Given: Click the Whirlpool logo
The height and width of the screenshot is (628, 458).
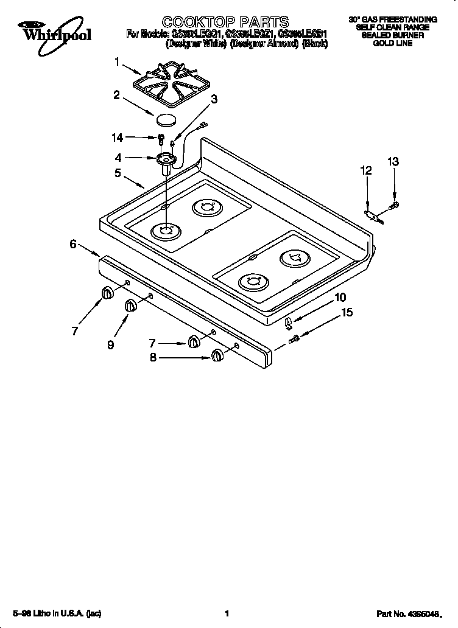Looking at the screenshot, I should [x=54, y=31].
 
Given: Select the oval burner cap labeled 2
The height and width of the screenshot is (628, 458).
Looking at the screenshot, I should [x=166, y=119].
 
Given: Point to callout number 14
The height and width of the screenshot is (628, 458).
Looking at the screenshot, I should [x=116, y=138].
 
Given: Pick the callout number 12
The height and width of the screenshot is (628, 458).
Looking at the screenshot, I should [x=365, y=171].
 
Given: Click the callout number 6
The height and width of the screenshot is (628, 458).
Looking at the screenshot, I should [x=73, y=244].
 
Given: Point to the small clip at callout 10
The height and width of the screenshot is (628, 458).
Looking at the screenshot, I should [x=288, y=321].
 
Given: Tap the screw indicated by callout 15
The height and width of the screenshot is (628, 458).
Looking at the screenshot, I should [x=295, y=338].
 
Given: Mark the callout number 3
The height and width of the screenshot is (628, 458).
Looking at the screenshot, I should [x=214, y=99].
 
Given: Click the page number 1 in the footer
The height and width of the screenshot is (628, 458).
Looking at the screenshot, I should [x=227, y=613].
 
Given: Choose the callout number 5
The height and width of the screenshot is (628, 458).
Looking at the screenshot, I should [x=118, y=173].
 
